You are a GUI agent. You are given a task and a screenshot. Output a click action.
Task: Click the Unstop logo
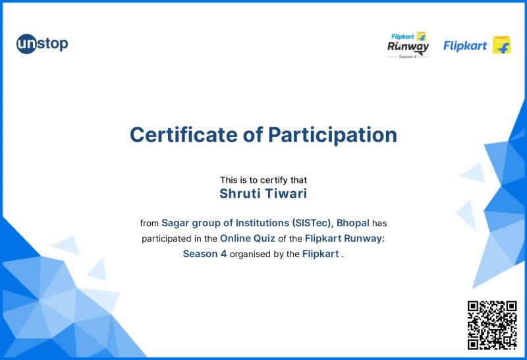point(42,44)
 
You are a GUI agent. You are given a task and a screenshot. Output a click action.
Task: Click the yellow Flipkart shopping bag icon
point(501,45)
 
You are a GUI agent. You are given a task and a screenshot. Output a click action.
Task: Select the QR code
point(491,324)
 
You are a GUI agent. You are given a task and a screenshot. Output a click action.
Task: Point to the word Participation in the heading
point(332,135)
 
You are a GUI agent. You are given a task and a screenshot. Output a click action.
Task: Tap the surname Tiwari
point(287,194)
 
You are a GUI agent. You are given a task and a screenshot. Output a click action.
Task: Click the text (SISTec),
point(313,223)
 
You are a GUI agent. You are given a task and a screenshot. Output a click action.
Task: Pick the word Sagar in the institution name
point(176,223)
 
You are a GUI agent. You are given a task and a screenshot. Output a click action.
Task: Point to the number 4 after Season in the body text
point(224,255)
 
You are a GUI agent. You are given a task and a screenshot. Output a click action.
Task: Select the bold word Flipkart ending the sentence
point(320,255)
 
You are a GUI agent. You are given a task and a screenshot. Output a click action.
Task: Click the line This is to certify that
point(263,179)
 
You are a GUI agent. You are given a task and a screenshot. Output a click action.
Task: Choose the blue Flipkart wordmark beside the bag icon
point(465,45)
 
